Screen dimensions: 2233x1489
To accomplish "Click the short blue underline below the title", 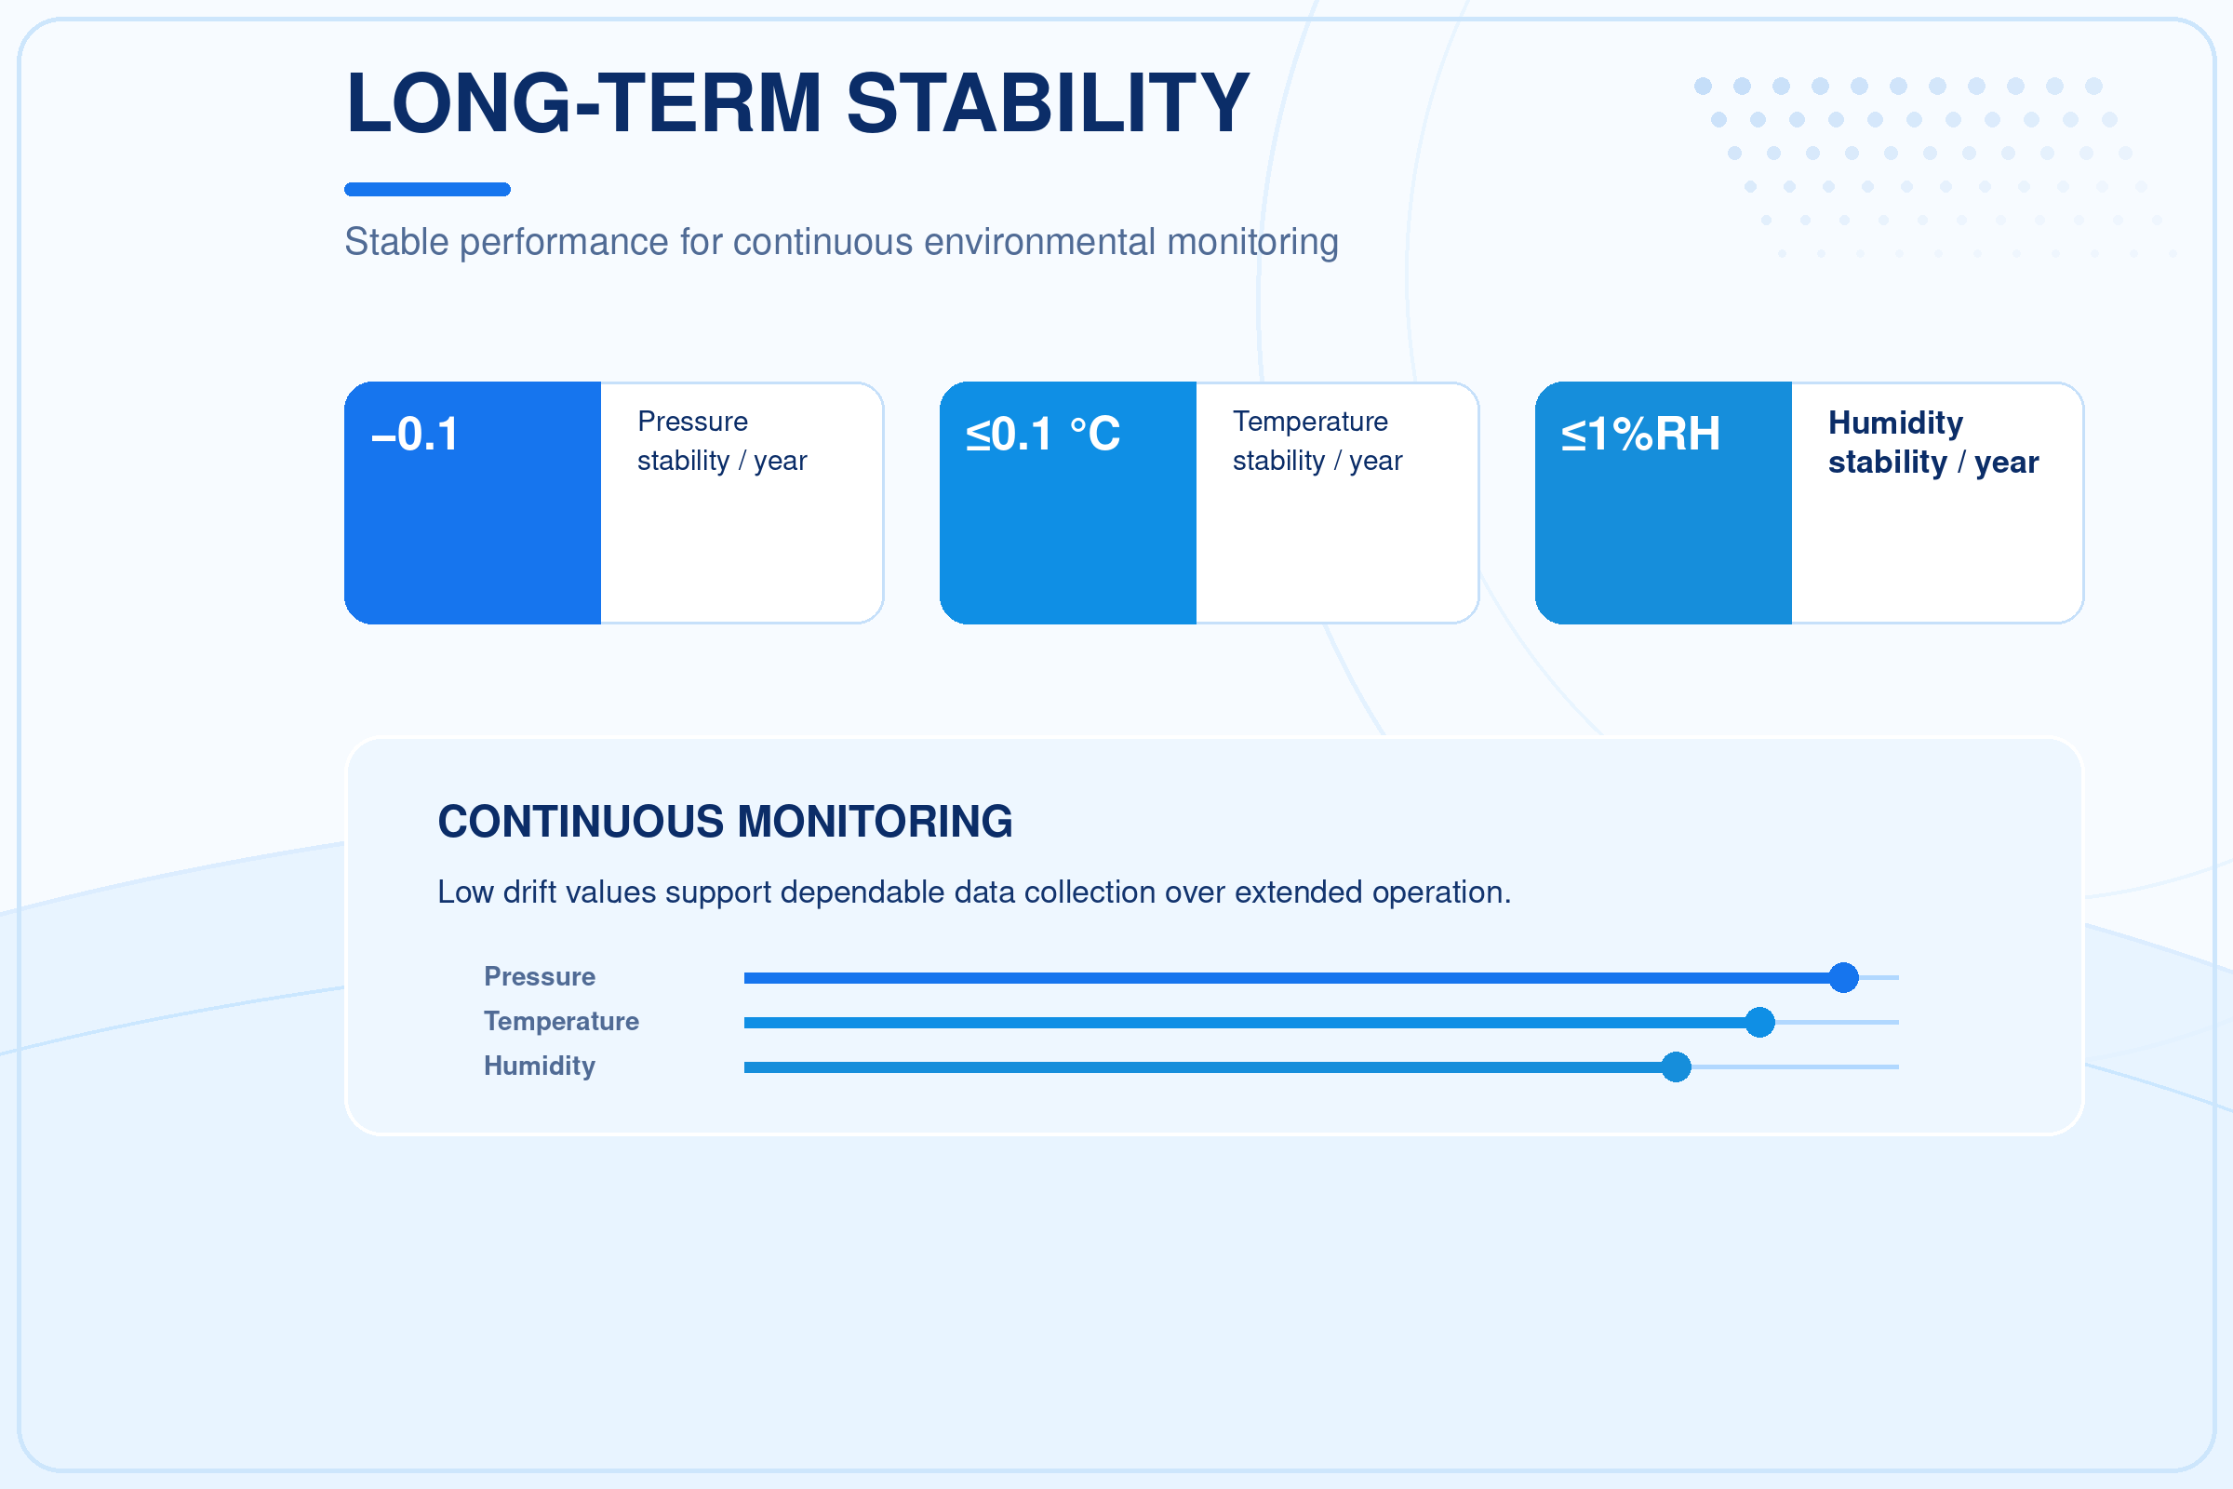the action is pyautogui.click(x=427, y=189).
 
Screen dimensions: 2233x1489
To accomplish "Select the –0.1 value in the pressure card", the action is pyautogui.click(x=415, y=434).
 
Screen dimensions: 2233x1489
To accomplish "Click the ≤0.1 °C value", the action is pyautogui.click(x=1042, y=434).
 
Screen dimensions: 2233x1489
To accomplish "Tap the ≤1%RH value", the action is pyautogui.click(x=1640, y=434).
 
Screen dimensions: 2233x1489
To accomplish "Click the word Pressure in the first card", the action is pyautogui.click(x=693, y=421).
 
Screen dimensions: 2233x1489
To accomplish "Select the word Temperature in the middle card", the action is pyautogui.click(x=1310, y=421).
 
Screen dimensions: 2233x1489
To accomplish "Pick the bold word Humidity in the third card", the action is pyautogui.click(x=1896, y=423).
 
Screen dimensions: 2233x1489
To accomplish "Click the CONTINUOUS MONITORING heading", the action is pyautogui.click(x=726, y=822).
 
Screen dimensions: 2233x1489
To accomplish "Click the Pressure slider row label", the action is pyautogui.click(x=540, y=976).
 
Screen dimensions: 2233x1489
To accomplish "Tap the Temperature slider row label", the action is pyautogui.click(x=561, y=1021).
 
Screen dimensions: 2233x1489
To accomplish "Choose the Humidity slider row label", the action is pyautogui.click(x=540, y=1066).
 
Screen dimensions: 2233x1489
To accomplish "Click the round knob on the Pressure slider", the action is pyautogui.click(x=1844, y=977).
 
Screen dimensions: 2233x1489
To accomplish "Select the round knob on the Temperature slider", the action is pyautogui.click(x=1760, y=1022).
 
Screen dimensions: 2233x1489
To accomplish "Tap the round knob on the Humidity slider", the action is pyautogui.click(x=1677, y=1066).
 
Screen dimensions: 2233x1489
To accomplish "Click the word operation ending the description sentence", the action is pyautogui.click(x=1441, y=892).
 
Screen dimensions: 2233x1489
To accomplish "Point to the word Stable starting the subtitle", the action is pyautogui.click(x=397, y=242).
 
